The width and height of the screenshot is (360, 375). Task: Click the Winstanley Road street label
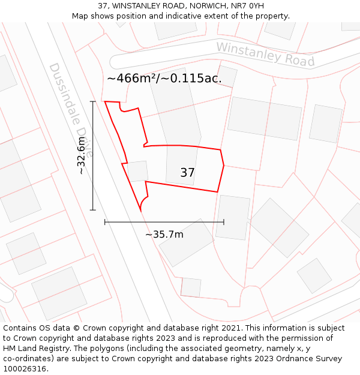pyautogui.click(x=265, y=54)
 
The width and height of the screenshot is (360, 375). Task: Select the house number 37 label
pyautogui.click(x=187, y=173)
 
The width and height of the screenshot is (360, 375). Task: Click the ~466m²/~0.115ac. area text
pyautogui.click(x=164, y=78)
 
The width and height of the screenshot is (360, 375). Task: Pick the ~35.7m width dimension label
pyautogui.click(x=164, y=234)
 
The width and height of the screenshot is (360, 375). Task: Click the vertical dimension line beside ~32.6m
pyautogui.click(x=93, y=180)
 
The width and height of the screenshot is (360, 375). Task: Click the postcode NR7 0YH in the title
pyautogui.click(x=247, y=5)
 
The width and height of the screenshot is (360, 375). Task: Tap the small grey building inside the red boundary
pyautogui.click(x=137, y=171)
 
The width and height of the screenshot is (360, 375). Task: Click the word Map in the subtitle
pyautogui.click(x=81, y=16)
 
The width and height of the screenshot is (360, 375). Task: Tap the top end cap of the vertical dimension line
pyautogui.click(x=93, y=102)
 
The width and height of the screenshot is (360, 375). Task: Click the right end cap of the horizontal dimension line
pyautogui.click(x=224, y=222)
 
